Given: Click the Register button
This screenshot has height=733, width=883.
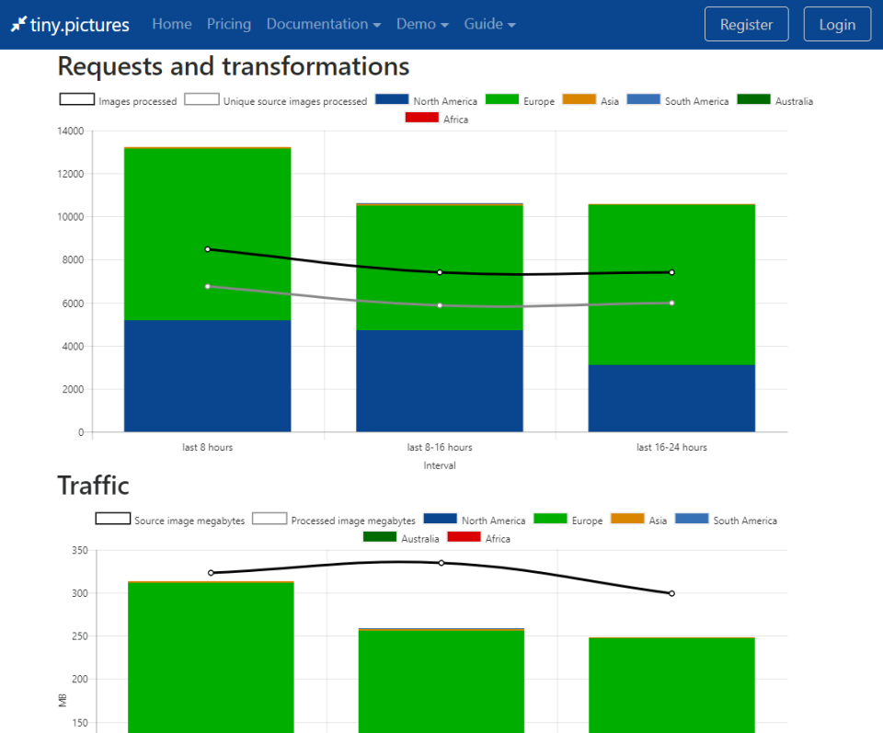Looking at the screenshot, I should tap(746, 25).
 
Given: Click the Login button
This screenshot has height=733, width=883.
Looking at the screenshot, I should tap(836, 25).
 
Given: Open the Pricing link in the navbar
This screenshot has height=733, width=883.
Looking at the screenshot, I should tap(229, 24).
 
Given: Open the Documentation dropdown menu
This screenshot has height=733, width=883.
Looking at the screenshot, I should tap(323, 24).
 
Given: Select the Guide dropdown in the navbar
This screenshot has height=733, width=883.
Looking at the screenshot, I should tap(489, 24).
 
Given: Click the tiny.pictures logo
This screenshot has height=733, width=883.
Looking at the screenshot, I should tap(70, 25).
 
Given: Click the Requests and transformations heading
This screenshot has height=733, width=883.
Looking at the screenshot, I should tap(233, 66).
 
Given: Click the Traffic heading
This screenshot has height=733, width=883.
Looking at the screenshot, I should tap(93, 485).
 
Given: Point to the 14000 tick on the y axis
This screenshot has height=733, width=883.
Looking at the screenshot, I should tap(71, 132).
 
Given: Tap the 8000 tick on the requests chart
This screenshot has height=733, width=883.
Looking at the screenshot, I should tap(73, 260).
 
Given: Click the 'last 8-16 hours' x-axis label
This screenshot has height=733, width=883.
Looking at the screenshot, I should tap(440, 448).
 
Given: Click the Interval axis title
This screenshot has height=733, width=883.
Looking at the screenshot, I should tap(440, 465).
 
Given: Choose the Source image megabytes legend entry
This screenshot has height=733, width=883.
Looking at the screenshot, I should tap(170, 521).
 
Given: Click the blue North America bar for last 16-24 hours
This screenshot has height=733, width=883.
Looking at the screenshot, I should tap(671, 398).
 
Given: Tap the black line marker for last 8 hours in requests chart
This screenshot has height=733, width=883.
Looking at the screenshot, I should tap(208, 249).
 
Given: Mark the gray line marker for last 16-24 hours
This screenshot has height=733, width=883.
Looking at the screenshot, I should tap(671, 303).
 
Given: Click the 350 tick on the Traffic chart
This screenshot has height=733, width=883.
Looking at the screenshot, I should tap(78, 551).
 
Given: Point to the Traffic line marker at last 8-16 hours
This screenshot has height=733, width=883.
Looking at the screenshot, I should tap(441, 563).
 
